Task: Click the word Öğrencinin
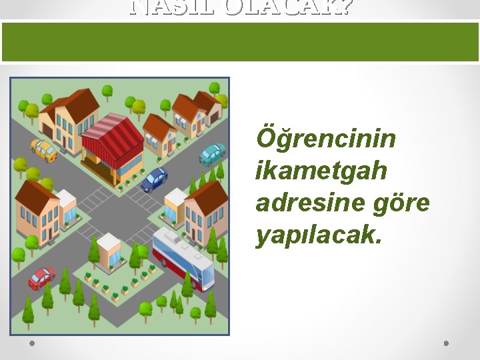coord(325,140)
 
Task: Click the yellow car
coord(44,150)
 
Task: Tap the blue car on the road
coord(154,179)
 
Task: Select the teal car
coord(213,154)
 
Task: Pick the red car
coord(41,277)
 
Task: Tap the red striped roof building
coord(111,137)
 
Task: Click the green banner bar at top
coord(240,41)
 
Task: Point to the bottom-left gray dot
coord(31,343)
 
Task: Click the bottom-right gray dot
coord(447,343)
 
